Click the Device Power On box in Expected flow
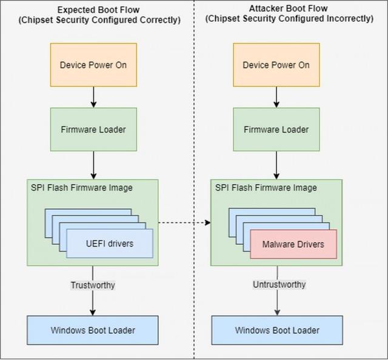coord(93,65)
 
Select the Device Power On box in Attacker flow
coord(276,65)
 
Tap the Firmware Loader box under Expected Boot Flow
coord(93,129)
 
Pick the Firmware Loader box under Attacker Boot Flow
coord(276,129)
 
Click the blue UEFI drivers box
coord(109,244)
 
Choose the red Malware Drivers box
coord(293,244)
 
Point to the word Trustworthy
coord(93,284)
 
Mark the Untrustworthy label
coord(279,284)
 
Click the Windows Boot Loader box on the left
coord(93,330)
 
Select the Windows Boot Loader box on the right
coord(276,330)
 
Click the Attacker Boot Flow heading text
coord(289,8)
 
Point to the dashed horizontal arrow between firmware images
coord(184,222)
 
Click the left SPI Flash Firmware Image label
coord(82,188)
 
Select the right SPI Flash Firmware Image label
coord(266,188)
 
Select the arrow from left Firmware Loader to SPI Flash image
coord(93,164)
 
